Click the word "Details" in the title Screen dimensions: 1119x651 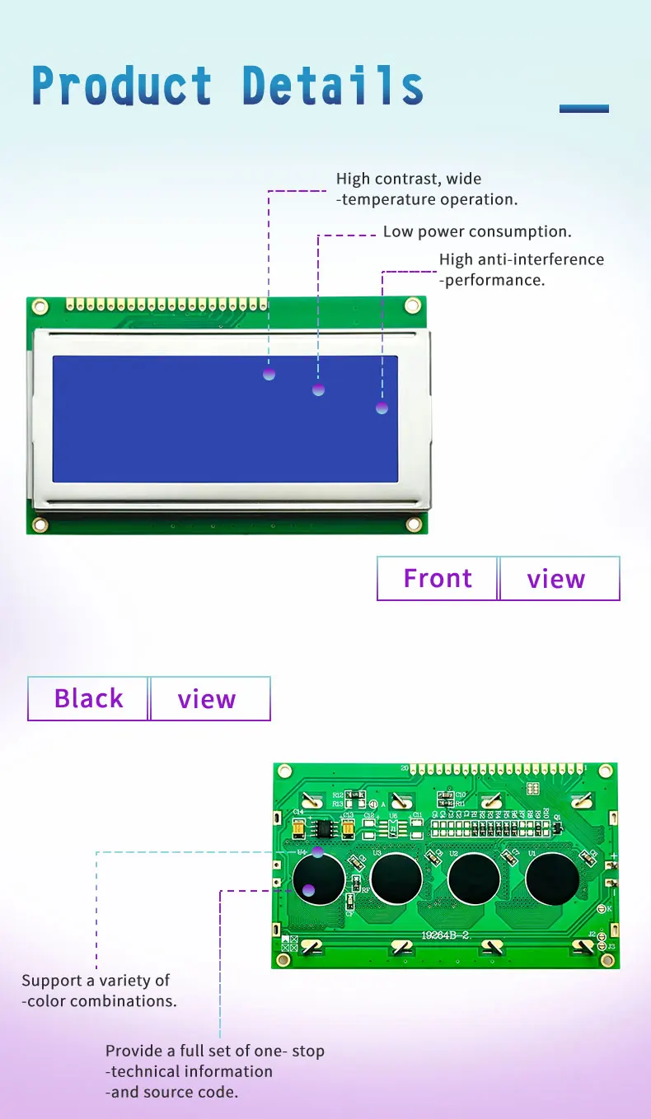coord(333,86)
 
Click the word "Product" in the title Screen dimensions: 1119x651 coord(122,86)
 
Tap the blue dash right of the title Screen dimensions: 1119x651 coord(583,109)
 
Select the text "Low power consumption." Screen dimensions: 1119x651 coord(477,232)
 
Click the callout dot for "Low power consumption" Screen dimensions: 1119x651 coord(318,389)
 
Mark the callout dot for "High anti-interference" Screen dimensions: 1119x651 coord(382,408)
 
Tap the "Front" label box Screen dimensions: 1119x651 coord(438,579)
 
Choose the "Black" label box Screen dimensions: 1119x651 coord(88,699)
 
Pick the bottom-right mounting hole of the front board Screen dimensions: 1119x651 coord(413,524)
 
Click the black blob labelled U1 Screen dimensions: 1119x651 coord(552,879)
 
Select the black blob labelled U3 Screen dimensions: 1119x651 coord(396,879)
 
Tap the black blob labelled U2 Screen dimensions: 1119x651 coord(474,879)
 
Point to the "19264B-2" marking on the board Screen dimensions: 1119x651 coord(446,935)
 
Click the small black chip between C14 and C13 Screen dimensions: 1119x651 coord(325,825)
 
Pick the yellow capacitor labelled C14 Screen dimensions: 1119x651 coord(298,821)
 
